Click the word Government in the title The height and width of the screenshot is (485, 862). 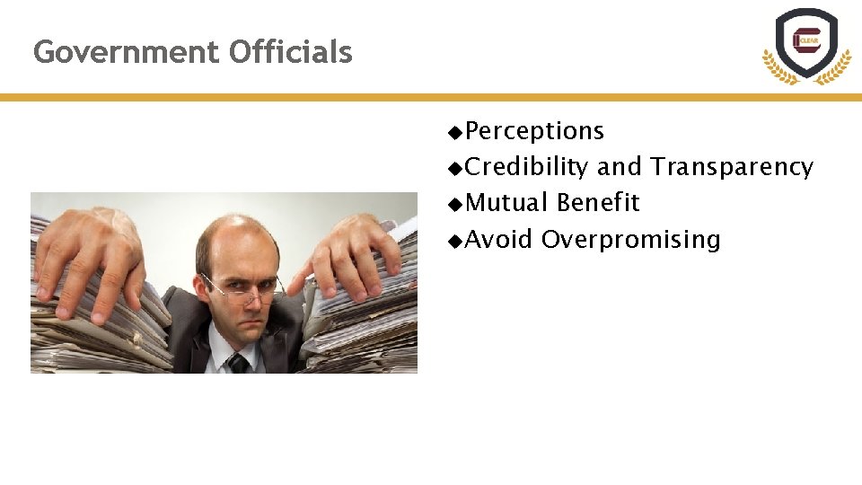127,52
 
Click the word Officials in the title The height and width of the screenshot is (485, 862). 291,52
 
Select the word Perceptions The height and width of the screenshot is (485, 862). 535,131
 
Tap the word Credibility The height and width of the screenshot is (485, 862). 528,167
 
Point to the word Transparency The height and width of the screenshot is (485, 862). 732,167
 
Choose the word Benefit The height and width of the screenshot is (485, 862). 598,203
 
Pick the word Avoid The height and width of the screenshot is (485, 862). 499,240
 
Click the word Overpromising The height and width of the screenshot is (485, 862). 630,240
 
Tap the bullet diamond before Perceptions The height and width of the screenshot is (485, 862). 456,132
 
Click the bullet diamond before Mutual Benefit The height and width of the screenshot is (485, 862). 456,204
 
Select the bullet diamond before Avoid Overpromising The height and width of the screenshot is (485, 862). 456,241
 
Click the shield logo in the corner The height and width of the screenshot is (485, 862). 806,42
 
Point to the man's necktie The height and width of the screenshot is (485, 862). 238,362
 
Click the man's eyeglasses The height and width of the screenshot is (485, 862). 241,289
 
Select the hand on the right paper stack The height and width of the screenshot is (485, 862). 355,251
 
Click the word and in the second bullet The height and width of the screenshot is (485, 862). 620,167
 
